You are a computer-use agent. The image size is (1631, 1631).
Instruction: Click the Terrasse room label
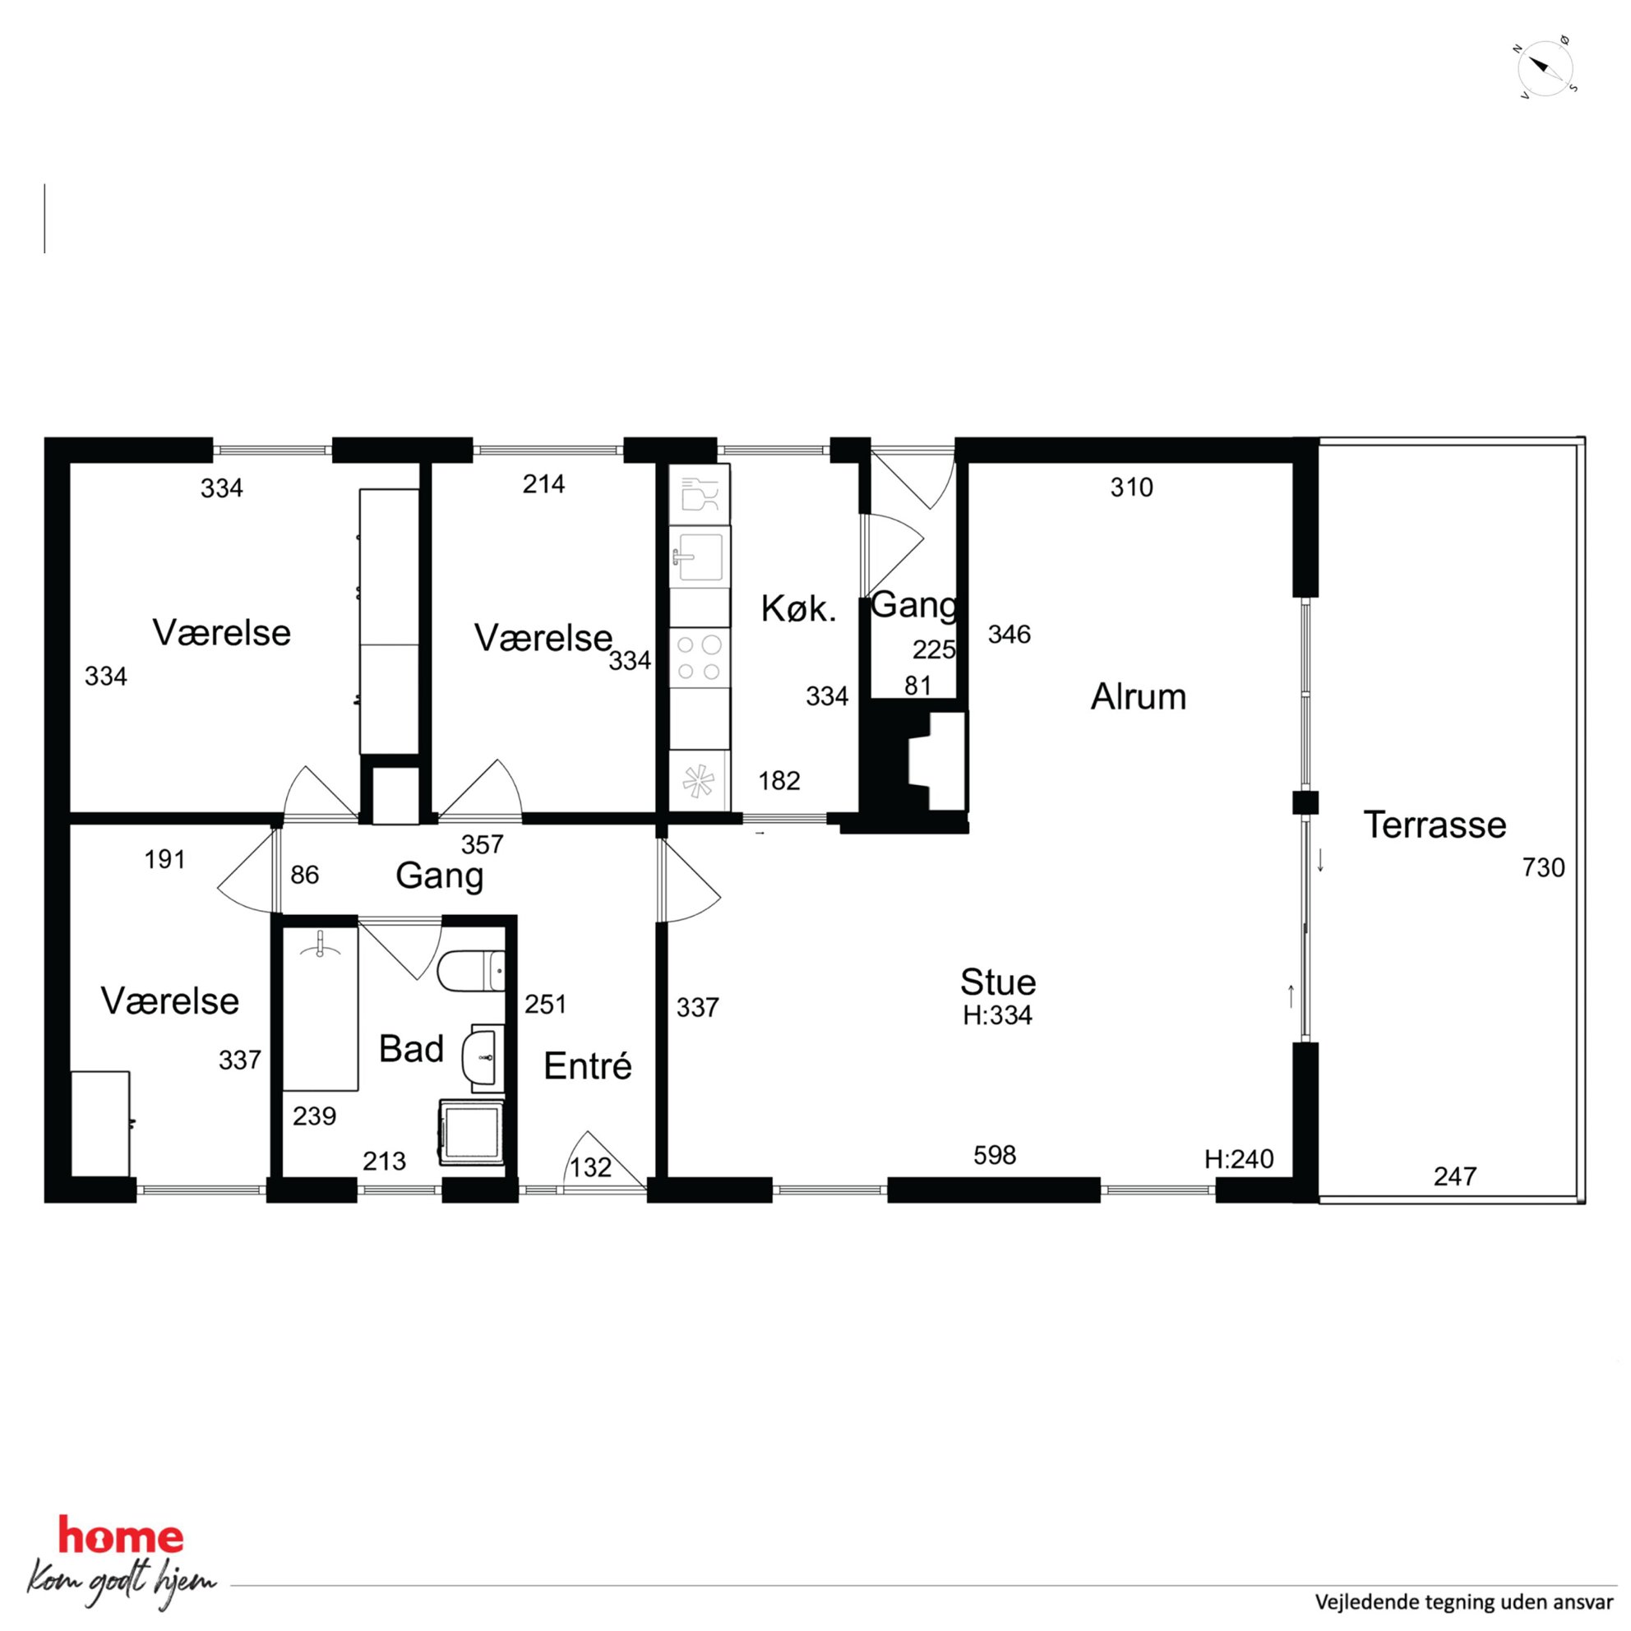coord(1435,825)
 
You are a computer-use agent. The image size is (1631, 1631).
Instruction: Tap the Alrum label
coord(1138,697)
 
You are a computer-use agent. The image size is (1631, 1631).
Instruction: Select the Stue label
coord(998,982)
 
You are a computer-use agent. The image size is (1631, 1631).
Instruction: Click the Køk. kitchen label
coord(798,608)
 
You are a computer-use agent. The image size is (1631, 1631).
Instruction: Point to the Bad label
coord(411,1049)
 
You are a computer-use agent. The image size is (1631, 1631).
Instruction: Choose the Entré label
coord(588,1066)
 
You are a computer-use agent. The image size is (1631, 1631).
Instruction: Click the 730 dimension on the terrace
coord(1543,868)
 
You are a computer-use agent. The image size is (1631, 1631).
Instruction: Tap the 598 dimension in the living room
coord(995,1156)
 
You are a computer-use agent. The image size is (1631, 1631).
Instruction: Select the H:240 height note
coord(1238,1159)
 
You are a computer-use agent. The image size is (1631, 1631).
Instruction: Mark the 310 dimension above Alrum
coord(1131,487)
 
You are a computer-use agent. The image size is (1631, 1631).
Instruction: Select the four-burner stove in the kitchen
coord(699,658)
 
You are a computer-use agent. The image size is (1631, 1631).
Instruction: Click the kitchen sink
coord(699,557)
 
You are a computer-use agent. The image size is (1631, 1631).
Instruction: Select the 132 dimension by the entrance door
coord(590,1167)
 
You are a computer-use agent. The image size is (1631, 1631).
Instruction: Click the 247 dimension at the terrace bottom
coord(1454,1176)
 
